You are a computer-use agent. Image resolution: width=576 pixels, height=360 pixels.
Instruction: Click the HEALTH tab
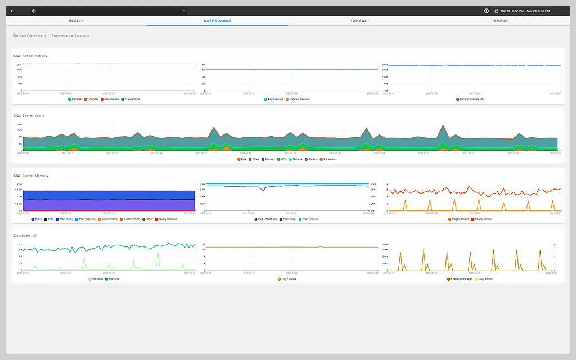point(76,21)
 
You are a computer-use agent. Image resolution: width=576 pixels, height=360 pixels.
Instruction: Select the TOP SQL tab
point(358,21)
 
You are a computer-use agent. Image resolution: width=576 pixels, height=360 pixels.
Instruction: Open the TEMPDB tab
point(499,21)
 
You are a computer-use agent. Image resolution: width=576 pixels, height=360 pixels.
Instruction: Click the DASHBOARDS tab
point(217,21)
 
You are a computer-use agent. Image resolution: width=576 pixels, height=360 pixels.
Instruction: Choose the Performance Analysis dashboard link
point(70,36)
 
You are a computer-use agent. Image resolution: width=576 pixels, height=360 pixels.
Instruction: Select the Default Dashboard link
point(30,36)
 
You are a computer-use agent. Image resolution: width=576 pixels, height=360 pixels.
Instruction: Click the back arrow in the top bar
point(12,11)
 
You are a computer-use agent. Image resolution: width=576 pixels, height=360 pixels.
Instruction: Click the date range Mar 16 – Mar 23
point(523,11)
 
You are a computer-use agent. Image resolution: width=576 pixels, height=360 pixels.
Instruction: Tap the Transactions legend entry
point(132,99)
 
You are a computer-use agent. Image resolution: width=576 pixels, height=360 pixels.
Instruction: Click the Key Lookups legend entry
point(274,99)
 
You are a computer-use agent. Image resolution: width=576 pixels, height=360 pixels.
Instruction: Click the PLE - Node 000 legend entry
point(268,219)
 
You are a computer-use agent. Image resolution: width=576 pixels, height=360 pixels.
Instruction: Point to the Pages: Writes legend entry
point(483,219)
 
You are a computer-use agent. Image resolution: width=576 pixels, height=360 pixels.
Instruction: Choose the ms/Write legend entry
point(114,278)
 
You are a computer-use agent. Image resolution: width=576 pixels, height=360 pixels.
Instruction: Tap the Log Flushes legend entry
point(288,278)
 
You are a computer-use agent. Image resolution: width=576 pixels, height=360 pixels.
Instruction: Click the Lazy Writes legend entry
point(484,278)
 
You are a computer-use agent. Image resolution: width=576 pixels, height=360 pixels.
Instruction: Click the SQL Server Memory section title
point(31,175)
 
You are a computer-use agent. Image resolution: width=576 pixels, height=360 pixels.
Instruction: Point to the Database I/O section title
point(25,235)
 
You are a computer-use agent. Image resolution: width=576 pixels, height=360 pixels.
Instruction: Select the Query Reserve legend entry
point(168,219)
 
